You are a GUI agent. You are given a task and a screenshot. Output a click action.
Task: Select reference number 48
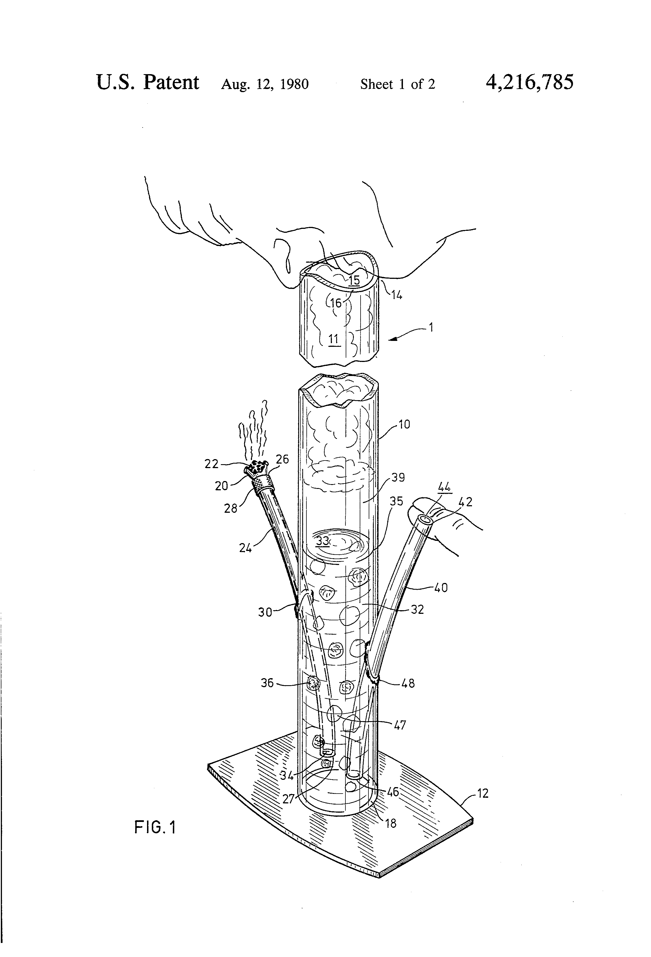coord(407,683)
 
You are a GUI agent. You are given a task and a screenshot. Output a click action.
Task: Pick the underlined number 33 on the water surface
coord(323,540)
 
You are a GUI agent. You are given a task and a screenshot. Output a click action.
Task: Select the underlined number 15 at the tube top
coord(354,281)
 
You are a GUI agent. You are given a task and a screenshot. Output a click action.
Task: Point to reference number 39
coord(398,478)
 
